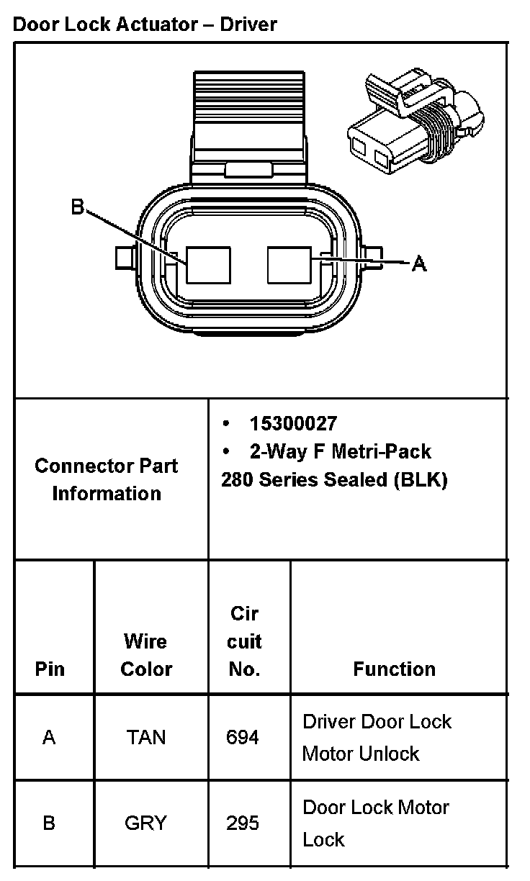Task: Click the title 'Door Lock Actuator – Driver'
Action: point(145,24)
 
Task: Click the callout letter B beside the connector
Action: point(78,208)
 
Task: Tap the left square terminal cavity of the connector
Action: point(209,266)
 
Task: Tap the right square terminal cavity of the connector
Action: point(289,265)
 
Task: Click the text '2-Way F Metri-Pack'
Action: point(340,451)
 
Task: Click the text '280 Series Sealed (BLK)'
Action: point(334,480)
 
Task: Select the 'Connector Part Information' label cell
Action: point(107,479)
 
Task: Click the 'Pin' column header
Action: point(50,669)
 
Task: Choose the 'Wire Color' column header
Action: point(146,655)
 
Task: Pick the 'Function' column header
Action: point(394,669)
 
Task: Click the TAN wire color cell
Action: point(146,738)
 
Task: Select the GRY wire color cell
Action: point(146,823)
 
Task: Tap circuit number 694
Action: point(243,738)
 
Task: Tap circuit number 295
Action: point(243,823)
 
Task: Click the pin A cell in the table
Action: point(49,738)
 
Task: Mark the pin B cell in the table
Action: point(49,823)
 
